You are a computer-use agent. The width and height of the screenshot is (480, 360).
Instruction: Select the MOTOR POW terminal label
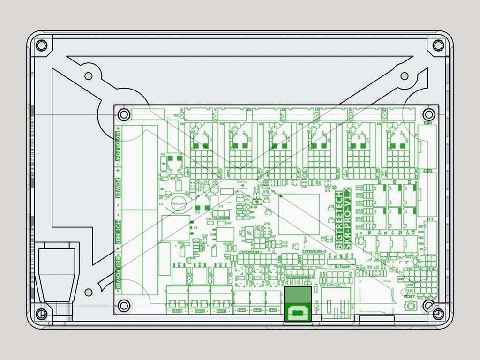(118, 149)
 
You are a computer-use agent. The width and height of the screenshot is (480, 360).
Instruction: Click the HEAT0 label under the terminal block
(177, 311)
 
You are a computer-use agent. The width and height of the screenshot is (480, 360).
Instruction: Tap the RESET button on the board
(411, 307)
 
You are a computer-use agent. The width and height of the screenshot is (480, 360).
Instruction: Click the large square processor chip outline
(299, 214)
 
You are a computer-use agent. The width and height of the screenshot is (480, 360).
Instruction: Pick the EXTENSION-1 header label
(251, 252)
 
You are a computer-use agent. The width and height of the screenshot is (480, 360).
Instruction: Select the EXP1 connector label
(427, 123)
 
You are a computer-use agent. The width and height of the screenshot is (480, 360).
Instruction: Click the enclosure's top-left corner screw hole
(41, 45)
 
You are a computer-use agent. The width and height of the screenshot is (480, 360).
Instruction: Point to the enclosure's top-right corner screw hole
(438, 45)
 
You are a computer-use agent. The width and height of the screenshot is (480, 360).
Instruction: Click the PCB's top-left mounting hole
(124, 114)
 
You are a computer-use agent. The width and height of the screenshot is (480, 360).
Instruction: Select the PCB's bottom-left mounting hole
(124, 306)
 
